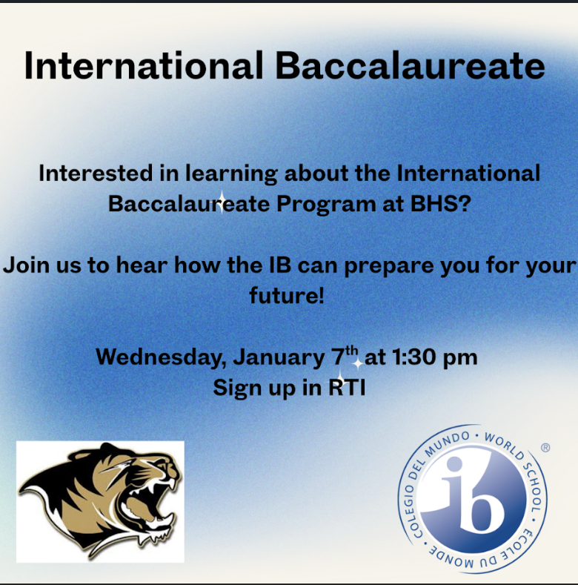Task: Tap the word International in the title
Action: pyautogui.click(x=144, y=66)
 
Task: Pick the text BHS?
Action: pyautogui.click(x=440, y=203)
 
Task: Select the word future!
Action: pyautogui.click(x=288, y=295)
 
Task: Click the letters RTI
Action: pyautogui.click(x=347, y=387)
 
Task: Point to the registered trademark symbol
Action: pyautogui.click(x=546, y=448)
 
